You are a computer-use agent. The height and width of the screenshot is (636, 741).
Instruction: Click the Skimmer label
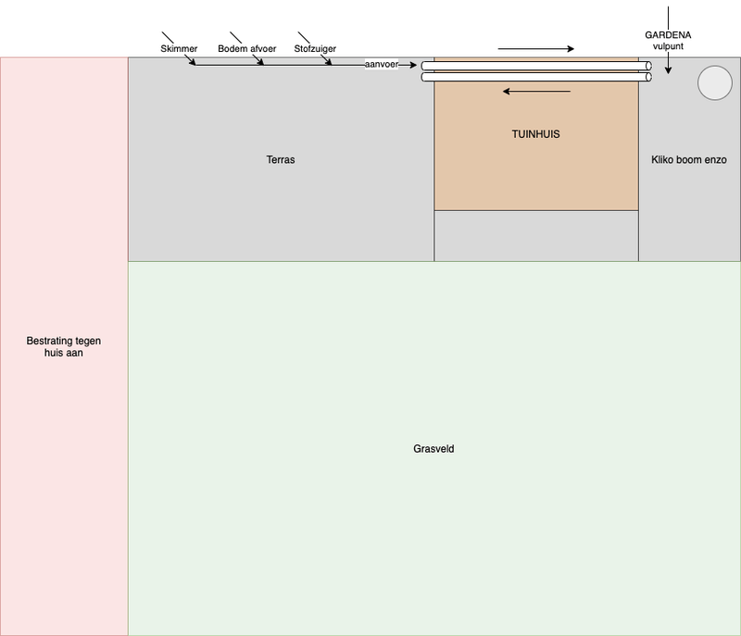coord(179,48)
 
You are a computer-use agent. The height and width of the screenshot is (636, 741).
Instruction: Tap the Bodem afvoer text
coord(247,48)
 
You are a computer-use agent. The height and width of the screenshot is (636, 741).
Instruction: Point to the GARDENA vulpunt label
coord(668,41)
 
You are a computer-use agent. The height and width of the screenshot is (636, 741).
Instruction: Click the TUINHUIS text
coord(536,134)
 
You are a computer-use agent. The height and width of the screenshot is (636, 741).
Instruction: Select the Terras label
coord(281,160)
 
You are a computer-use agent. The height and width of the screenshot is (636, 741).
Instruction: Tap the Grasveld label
coord(433,449)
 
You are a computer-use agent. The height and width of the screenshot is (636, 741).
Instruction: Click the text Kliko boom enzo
coord(689,160)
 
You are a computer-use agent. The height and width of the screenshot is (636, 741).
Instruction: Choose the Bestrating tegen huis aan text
coord(64,346)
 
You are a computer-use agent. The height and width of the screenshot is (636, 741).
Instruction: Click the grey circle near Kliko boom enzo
coord(714,83)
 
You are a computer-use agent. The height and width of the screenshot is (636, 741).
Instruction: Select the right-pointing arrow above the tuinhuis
coord(536,49)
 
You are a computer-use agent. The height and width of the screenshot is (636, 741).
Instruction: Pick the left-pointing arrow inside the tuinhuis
coord(536,92)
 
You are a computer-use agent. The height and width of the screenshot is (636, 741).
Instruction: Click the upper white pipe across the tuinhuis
coord(536,66)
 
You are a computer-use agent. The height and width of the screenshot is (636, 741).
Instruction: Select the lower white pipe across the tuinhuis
coord(536,78)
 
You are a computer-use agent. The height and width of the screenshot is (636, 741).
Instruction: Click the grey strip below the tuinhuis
coord(536,236)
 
